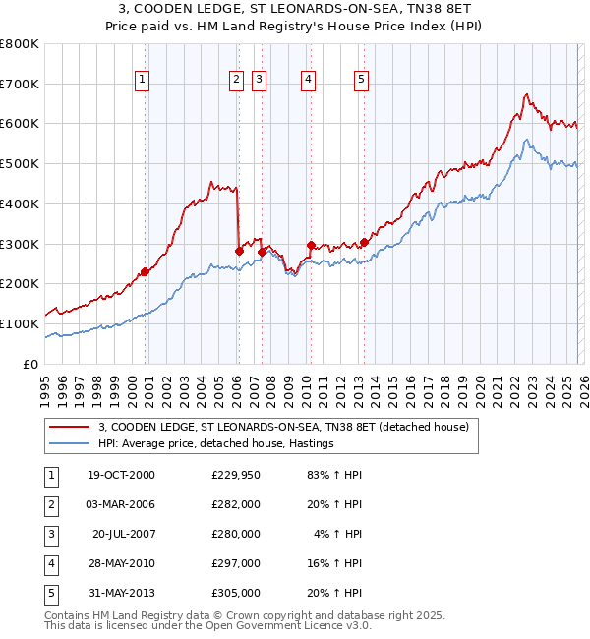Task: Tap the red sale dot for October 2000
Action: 145,271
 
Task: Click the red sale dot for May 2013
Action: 364,242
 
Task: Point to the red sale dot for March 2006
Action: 239,251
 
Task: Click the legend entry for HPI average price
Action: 215,444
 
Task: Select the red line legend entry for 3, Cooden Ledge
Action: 284,427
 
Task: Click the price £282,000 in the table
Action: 236,504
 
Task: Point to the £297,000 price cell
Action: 236,563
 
